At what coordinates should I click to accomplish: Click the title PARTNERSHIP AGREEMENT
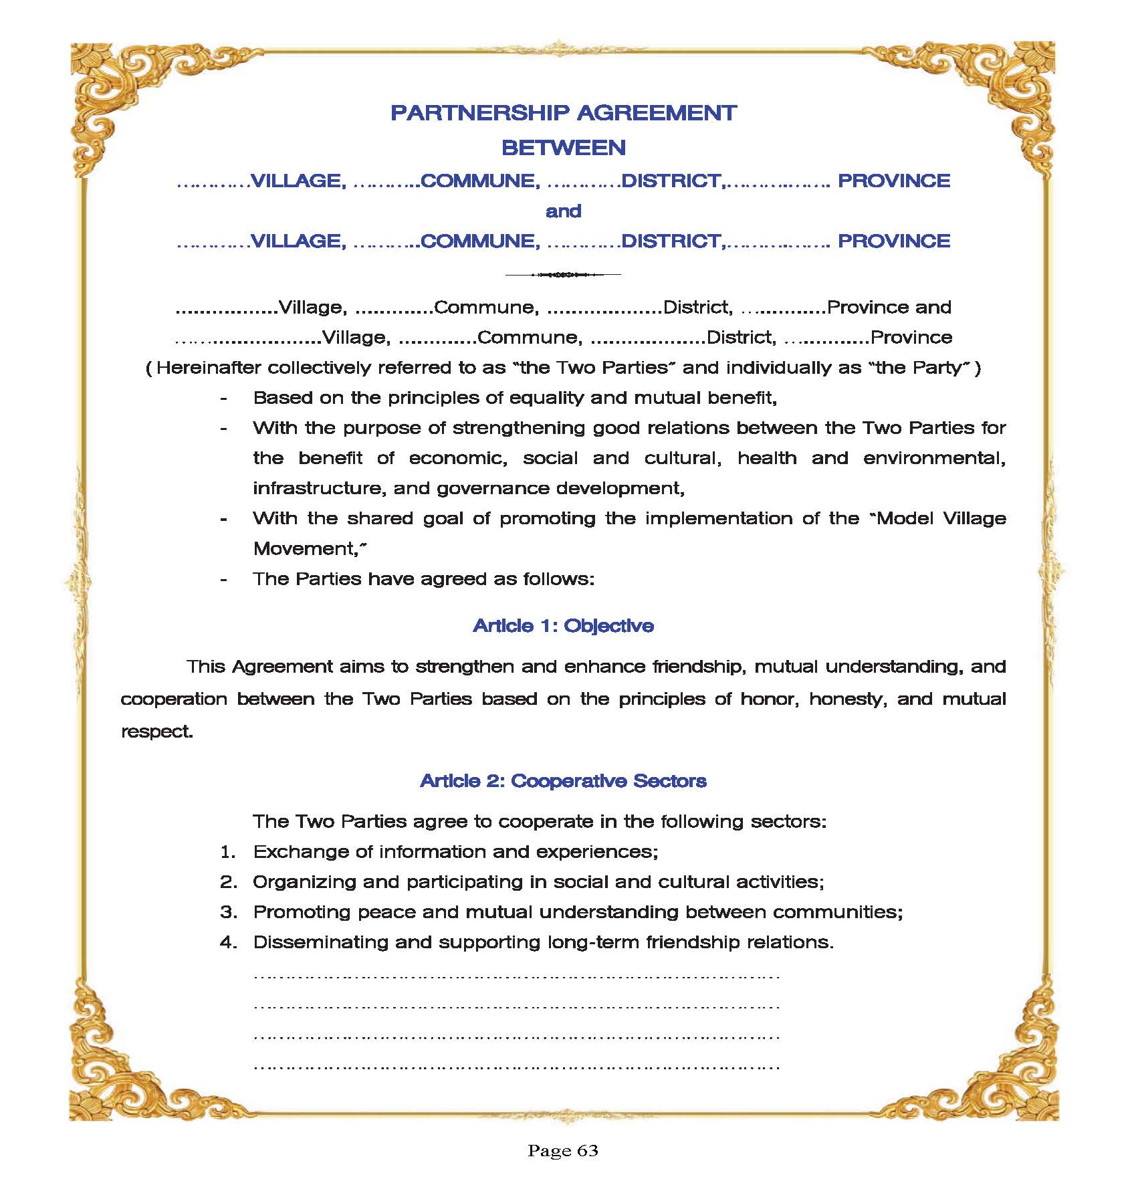563,113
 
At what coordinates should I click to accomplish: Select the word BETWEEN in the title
563,148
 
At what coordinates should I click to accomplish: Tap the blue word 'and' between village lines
563,211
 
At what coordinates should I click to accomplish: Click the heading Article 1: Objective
563,626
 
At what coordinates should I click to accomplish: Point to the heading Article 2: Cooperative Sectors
563,781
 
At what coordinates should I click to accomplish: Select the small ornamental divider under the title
563,274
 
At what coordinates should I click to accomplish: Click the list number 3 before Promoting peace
229,912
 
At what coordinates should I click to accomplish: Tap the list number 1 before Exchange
228,852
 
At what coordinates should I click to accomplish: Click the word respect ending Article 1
156,732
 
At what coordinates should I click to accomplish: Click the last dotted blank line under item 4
516,1066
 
